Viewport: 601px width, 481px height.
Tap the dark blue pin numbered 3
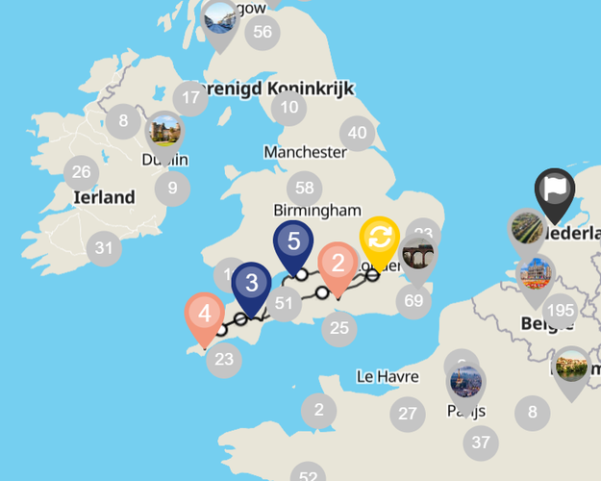point(251,284)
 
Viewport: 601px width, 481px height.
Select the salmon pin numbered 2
point(338,263)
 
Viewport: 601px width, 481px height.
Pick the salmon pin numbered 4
point(204,314)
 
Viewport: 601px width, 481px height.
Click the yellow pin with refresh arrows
point(380,237)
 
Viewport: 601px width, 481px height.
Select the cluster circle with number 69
point(414,301)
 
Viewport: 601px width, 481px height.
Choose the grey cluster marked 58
point(305,188)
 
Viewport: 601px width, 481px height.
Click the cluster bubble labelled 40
point(358,133)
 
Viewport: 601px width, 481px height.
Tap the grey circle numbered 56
point(262,33)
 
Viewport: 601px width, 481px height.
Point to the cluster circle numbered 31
point(104,248)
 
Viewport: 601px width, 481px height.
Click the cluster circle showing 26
point(81,173)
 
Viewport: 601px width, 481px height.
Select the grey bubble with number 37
point(480,443)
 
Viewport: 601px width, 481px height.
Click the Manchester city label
point(305,152)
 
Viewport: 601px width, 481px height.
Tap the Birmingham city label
point(317,211)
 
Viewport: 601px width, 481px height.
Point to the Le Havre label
point(387,375)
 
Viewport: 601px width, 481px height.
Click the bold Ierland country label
point(104,197)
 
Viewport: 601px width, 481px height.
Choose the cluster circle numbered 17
point(190,97)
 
